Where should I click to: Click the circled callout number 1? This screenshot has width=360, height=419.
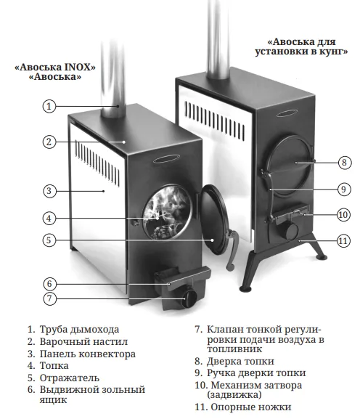(x=49, y=106)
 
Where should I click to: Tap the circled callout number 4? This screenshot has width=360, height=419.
(x=49, y=219)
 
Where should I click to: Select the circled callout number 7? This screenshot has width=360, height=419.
(x=49, y=298)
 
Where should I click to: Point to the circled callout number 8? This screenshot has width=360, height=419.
(x=344, y=162)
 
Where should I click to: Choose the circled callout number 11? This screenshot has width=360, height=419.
(x=343, y=241)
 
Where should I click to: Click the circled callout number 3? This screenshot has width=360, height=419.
(x=49, y=191)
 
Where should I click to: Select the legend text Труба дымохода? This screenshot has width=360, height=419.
(x=79, y=330)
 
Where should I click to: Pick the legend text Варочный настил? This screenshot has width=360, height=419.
(x=83, y=341)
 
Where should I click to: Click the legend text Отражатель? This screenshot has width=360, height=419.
(x=70, y=378)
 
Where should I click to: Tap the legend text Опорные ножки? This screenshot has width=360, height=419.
(x=251, y=407)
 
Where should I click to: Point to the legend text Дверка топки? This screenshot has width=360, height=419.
(x=240, y=362)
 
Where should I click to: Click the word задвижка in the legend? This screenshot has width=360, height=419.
(x=234, y=395)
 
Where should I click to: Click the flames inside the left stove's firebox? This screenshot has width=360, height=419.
(x=166, y=211)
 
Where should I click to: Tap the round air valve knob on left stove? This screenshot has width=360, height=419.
(x=190, y=298)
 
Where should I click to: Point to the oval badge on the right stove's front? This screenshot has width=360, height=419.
(x=287, y=114)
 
